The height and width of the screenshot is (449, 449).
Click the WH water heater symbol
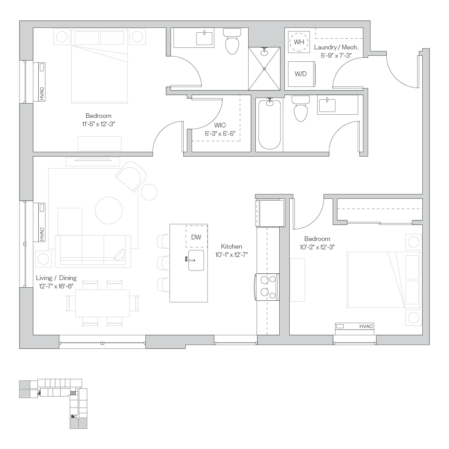(x=299, y=42)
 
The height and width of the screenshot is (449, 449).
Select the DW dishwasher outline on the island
(x=196, y=237)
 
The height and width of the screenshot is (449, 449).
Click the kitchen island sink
(x=196, y=260)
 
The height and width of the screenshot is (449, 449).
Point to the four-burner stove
(x=267, y=287)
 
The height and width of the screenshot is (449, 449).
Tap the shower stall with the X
(x=264, y=69)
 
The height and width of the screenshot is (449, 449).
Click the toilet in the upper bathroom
(x=232, y=41)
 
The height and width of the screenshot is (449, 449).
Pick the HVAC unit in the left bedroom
(x=40, y=82)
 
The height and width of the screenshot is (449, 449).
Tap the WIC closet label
(x=220, y=125)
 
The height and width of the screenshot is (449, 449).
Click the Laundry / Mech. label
(x=336, y=47)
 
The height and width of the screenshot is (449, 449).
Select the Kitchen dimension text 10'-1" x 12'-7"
(x=231, y=255)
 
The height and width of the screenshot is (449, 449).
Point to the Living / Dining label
(x=57, y=278)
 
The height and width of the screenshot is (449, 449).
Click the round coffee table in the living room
(x=109, y=210)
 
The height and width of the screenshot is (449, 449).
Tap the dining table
(x=102, y=303)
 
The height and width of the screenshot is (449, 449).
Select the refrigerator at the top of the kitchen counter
(x=270, y=213)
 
